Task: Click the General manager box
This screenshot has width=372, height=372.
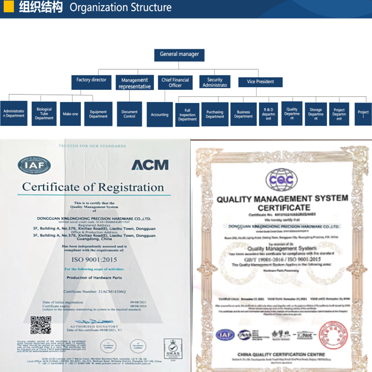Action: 179,54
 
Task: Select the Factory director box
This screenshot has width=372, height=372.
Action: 92,80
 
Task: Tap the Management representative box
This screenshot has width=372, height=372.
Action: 134,83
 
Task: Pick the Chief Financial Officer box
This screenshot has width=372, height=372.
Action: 175,83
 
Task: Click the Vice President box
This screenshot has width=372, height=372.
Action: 260,82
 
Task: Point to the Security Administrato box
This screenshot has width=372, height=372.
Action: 215,82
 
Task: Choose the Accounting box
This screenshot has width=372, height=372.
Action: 159,114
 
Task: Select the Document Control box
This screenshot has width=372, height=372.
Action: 129,114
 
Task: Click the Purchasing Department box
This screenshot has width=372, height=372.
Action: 215,114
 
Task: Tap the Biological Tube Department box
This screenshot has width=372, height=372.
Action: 44,114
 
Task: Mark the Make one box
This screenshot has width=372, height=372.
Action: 71,114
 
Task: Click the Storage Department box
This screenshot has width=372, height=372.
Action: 316,114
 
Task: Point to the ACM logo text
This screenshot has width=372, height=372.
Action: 150,164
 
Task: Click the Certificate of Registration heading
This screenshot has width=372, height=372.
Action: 93,187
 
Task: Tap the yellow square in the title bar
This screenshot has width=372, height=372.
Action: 8,8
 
